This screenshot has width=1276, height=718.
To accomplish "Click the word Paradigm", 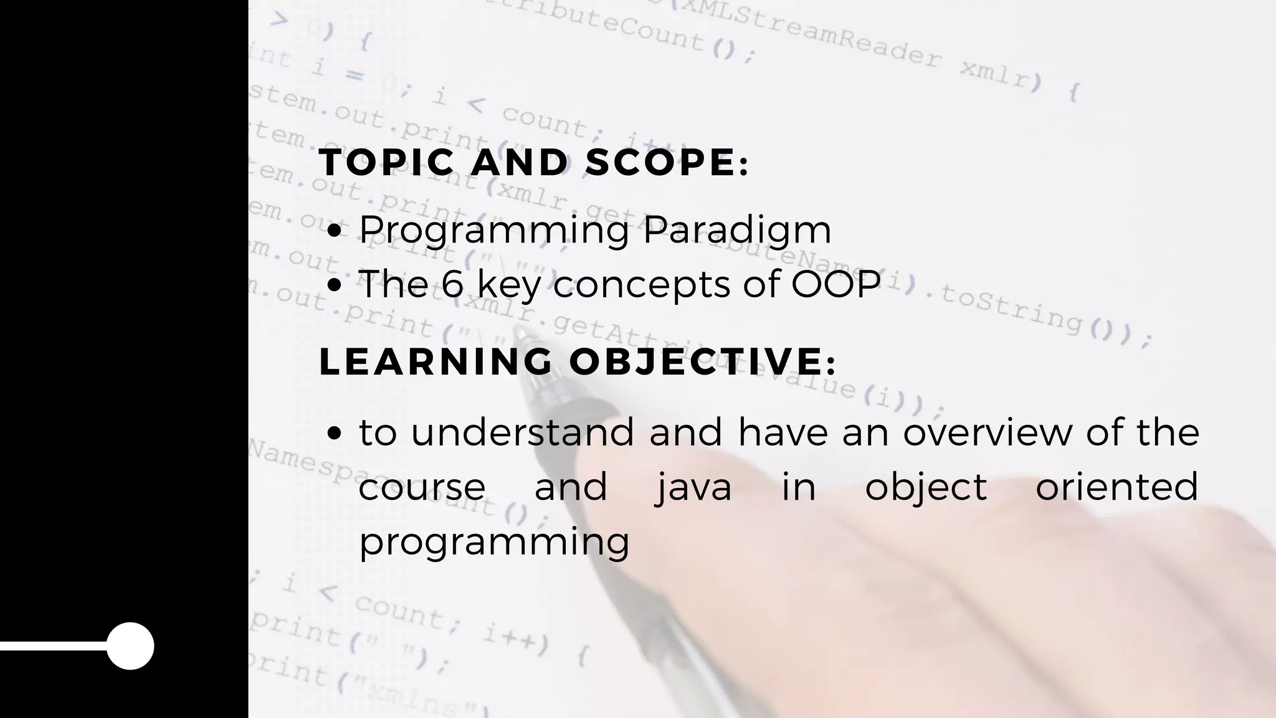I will coord(737,231).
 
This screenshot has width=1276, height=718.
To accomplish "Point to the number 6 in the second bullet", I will coord(454,284).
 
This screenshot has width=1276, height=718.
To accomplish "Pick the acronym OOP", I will coord(836,284).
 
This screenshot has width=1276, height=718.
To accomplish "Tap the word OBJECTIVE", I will coord(697,361).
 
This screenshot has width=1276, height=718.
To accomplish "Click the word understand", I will coord(522,432).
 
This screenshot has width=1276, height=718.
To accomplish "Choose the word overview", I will coord(988,432).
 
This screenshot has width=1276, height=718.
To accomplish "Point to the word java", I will coord(693,487).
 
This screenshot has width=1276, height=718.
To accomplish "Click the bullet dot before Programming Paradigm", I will coord(335,232).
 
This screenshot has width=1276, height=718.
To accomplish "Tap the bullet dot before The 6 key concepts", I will coord(335,285).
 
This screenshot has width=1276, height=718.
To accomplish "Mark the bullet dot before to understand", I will coord(335,433).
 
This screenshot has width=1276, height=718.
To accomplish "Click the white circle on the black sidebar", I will coord(130,646).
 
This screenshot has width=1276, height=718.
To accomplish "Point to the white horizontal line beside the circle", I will coord(54,646).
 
